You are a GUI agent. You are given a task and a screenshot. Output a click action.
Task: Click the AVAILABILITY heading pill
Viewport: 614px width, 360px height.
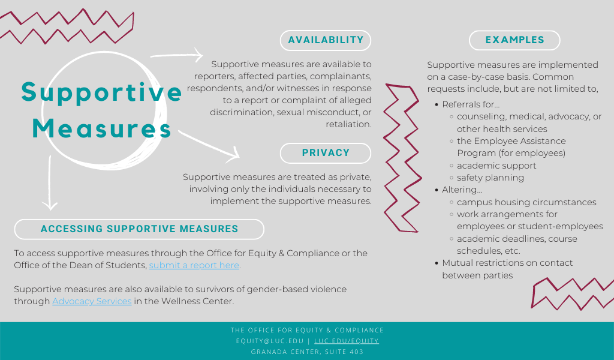click(x=326, y=40)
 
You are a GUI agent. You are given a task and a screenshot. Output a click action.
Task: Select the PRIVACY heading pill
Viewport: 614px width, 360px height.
click(x=326, y=153)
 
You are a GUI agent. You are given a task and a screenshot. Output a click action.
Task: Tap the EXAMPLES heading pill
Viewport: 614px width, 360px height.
click(x=514, y=40)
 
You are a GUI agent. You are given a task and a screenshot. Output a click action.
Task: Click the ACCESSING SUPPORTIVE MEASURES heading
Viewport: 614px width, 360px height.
click(x=139, y=229)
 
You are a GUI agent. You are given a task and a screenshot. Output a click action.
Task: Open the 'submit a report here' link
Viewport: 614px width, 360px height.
click(x=194, y=265)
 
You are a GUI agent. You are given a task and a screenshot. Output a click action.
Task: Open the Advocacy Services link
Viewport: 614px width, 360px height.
click(x=92, y=301)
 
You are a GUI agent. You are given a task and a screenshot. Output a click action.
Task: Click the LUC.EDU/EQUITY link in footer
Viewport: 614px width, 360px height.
click(x=347, y=341)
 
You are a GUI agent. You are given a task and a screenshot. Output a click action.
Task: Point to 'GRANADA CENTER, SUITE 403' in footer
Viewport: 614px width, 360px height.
click(x=307, y=352)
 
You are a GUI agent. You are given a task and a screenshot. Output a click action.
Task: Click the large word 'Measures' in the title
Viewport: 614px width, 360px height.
click(x=102, y=129)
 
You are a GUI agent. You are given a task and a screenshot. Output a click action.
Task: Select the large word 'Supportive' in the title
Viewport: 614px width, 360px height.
click(x=102, y=92)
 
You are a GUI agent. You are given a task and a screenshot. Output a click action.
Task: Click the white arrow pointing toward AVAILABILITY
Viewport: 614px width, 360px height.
click(x=177, y=56)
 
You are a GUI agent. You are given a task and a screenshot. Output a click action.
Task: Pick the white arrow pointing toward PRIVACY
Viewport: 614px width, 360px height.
click(x=210, y=146)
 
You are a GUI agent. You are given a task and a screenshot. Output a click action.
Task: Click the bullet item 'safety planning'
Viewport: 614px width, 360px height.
click(x=490, y=178)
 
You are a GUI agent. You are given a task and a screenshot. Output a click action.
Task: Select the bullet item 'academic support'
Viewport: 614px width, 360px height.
click(x=496, y=166)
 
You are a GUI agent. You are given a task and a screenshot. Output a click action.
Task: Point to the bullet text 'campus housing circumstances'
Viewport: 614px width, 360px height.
click(x=526, y=202)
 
